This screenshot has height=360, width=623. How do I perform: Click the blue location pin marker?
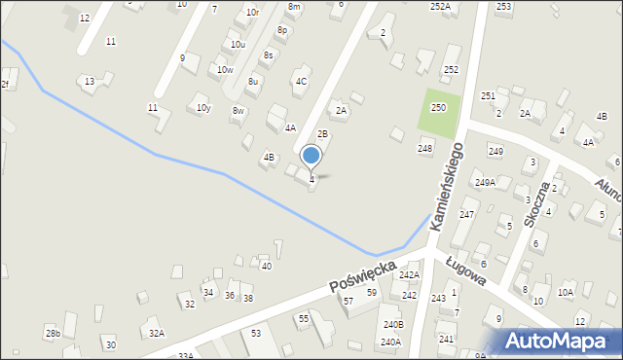point(311,156)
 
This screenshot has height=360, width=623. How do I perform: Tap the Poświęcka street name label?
point(362,274)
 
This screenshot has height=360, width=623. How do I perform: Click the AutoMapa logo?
point(559,341)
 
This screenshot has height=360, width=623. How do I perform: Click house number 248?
point(424,148)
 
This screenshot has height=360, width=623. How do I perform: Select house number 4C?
point(302,82)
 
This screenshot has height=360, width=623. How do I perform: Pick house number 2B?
point(322,133)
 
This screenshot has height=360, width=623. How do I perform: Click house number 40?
point(266,266)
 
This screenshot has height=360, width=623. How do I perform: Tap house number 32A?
point(156,333)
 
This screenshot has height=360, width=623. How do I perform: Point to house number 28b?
point(53,334)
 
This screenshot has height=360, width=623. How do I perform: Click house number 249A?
point(485,182)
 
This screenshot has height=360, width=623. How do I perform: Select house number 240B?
point(392,324)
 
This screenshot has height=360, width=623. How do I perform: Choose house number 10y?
point(203,108)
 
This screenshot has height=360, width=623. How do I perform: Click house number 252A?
point(440,6)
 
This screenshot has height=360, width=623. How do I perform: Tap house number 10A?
point(565,292)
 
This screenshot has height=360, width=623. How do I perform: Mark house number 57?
point(348,301)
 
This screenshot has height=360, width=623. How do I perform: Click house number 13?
point(90,81)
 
